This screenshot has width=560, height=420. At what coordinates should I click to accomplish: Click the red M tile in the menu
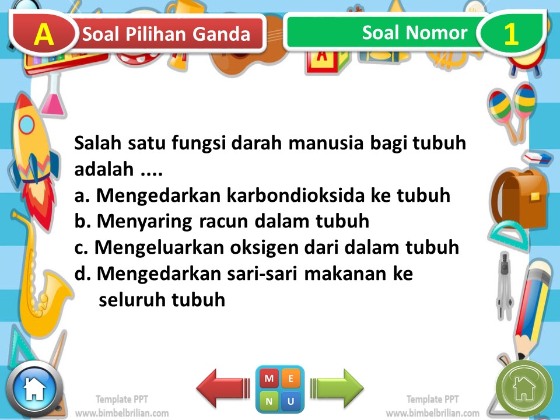[x=269, y=379]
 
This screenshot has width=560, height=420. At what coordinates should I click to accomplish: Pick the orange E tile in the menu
[x=291, y=379]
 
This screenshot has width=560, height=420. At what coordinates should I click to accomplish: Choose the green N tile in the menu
[x=269, y=401]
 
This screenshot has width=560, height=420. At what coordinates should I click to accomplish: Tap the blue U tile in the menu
[x=291, y=401]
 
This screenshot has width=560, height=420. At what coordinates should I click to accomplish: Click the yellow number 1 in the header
[x=510, y=34]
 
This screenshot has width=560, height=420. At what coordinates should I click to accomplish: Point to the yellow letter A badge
[x=44, y=34]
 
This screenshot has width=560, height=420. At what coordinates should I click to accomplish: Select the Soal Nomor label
[x=414, y=33]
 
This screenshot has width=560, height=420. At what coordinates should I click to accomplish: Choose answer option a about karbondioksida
[x=262, y=196]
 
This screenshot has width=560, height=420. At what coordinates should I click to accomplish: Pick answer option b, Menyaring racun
[x=222, y=222]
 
